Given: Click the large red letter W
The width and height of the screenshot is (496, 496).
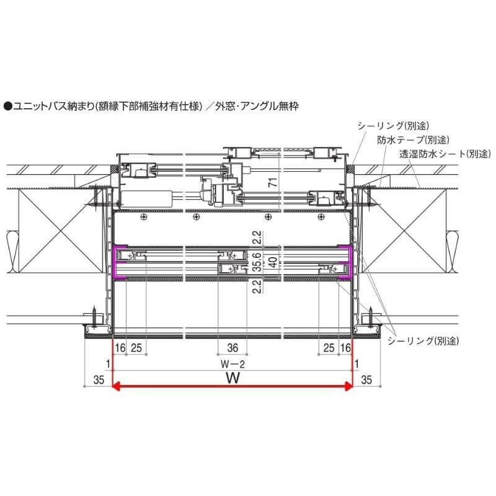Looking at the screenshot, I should [x=232, y=378].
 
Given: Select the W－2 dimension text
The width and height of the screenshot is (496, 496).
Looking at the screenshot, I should [x=232, y=363].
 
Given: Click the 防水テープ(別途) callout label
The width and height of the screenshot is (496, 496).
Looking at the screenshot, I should [x=413, y=139].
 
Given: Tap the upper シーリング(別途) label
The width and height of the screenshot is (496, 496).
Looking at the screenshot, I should [x=393, y=126].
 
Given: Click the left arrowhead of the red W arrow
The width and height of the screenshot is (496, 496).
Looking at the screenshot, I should [x=116, y=386].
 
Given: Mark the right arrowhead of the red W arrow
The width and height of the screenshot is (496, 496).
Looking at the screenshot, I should [x=349, y=386].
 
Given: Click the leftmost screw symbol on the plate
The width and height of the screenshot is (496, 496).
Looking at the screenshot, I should [x=144, y=216].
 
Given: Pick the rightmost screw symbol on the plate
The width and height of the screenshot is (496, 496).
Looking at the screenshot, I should [x=320, y=216].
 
